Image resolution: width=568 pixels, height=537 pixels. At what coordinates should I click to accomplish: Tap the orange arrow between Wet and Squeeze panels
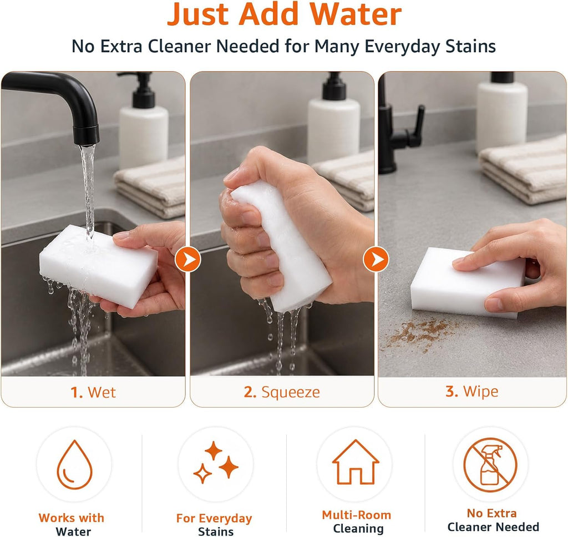187,260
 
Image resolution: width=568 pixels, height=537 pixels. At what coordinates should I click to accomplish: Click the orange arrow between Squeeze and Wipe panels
376,260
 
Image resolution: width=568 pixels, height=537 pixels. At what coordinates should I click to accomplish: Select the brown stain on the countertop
420,334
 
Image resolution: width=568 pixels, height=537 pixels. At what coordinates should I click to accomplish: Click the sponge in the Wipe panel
467,282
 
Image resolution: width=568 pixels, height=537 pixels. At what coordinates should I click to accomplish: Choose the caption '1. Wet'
93,392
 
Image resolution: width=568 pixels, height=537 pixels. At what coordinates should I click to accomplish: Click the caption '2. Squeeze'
282,392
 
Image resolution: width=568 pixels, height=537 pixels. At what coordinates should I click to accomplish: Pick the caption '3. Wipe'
472,391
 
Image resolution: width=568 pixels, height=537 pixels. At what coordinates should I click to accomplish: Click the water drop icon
75,464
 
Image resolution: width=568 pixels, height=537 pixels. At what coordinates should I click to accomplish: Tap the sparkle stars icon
216,462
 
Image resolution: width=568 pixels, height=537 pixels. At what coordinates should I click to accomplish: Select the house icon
356,462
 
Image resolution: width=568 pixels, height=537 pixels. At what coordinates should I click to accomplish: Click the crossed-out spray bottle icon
490,464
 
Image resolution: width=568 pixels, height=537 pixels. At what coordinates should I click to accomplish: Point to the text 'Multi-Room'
357,515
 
